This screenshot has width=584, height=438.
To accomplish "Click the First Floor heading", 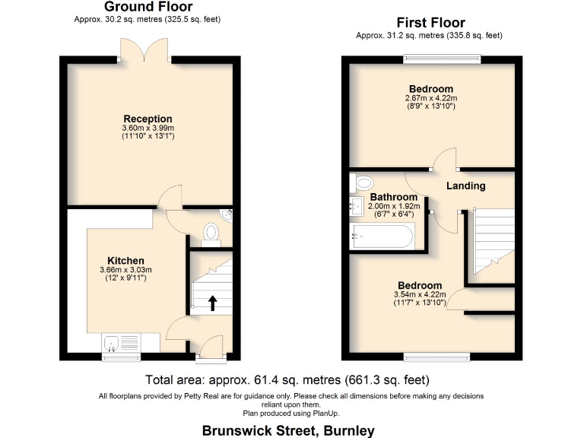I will [431, 23].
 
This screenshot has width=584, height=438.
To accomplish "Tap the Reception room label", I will [148, 119].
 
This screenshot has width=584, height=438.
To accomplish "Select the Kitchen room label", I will [125, 261].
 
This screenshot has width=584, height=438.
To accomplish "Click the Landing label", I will [465, 186].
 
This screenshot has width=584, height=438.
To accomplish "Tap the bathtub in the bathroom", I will [382, 237].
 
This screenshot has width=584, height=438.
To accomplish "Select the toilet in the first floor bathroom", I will [362, 182].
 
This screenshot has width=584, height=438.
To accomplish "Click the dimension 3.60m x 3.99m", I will [148, 129].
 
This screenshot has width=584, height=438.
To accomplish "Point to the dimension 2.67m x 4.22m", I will [431, 98].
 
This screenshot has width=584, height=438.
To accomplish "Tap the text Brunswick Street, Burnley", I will [288, 430].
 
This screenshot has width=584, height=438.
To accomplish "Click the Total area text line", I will [287, 379].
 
